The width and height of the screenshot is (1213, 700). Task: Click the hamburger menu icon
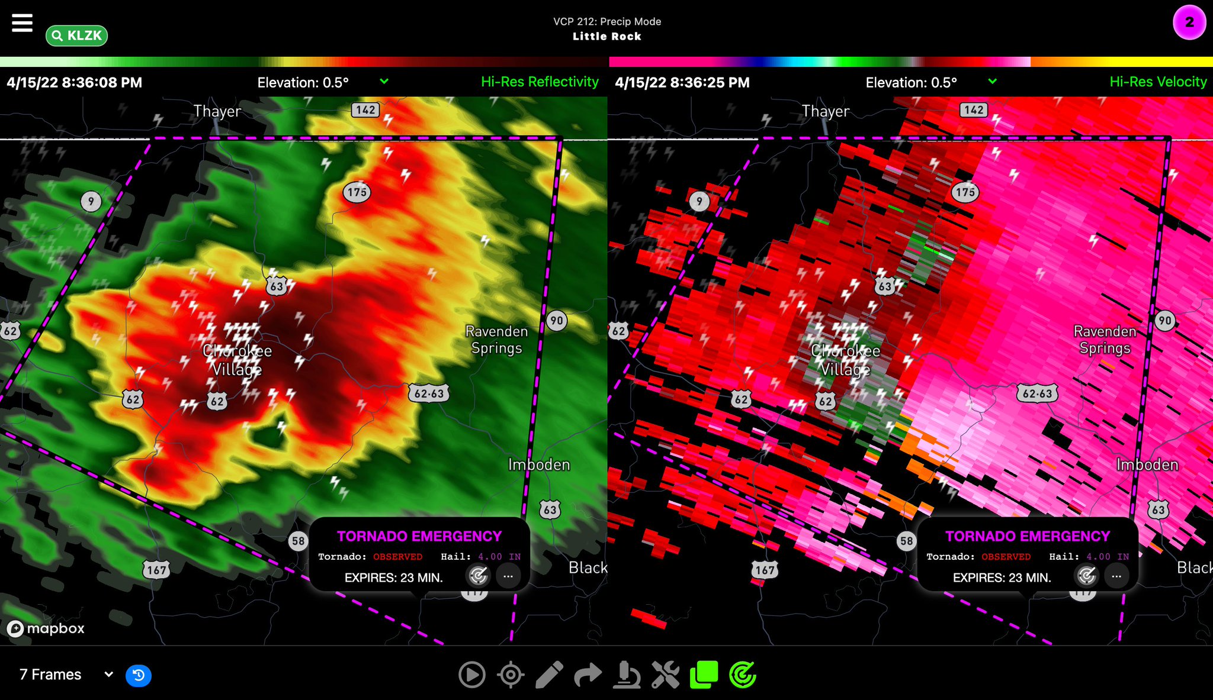22,23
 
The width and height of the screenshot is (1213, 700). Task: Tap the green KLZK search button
76,36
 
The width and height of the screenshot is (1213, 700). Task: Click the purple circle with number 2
1189,23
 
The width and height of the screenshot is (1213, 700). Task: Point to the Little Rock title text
606,37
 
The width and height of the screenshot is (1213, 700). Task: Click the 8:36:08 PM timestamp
75,83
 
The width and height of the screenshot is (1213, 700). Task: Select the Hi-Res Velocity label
1158,82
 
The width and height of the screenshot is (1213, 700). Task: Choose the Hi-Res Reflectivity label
540,82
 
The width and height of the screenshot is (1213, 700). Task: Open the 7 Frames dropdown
66,675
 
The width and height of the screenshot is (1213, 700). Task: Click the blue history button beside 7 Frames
139,675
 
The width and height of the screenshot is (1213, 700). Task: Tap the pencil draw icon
549,675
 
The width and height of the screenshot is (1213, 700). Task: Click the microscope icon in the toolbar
627,675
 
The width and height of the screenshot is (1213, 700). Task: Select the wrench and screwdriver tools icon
665,675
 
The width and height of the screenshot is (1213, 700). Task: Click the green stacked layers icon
704,675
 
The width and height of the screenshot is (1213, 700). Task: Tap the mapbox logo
46,628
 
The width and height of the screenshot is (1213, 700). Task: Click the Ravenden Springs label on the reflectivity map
496,340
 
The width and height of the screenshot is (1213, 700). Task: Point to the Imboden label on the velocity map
1147,465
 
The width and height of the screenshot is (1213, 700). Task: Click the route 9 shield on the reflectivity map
91,202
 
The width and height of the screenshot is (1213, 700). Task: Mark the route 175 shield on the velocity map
965,192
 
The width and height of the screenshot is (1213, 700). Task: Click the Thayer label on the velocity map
826,111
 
